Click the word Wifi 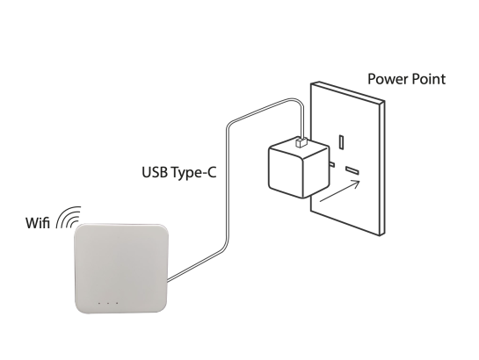[37, 222]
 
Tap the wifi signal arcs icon [69, 217]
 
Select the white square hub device [121, 269]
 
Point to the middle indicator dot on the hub [108, 303]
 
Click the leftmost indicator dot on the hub [98, 303]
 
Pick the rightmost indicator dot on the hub [117, 303]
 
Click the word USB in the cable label [155, 172]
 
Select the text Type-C [193, 173]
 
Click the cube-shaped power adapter [299, 167]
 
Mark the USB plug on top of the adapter [301, 142]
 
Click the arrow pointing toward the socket [340, 191]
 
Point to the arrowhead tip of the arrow [360, 181]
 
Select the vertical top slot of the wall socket [341, 142]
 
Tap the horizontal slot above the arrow [352, 170]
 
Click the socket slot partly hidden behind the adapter [332, 165]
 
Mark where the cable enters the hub [168, 280]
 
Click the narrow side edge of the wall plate [381, 168]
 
